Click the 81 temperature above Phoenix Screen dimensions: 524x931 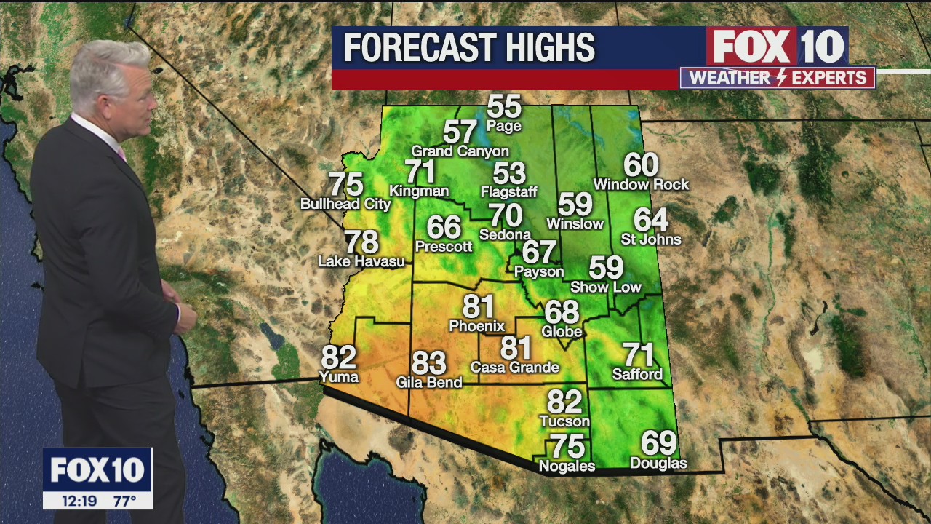(478, 307)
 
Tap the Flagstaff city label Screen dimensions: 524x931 (508, 192)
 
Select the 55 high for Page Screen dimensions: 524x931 (504, 106)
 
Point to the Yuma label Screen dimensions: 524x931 (339, 376)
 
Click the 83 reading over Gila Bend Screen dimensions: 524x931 (429, 362)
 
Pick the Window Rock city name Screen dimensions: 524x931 (641, 185)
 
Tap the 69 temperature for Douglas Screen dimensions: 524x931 (658, 442)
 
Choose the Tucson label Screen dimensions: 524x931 (564, 421)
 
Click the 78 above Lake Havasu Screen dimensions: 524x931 (361, 242)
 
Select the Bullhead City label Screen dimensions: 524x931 (345, 204)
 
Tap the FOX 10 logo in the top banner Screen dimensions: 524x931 (777, 47)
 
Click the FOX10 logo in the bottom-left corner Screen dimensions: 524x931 (97, 469)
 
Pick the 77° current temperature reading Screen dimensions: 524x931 (124, 501)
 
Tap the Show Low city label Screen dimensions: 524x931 (606, 287)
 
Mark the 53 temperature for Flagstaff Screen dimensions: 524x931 (509, 173)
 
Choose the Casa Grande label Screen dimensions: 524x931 (515, 367)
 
